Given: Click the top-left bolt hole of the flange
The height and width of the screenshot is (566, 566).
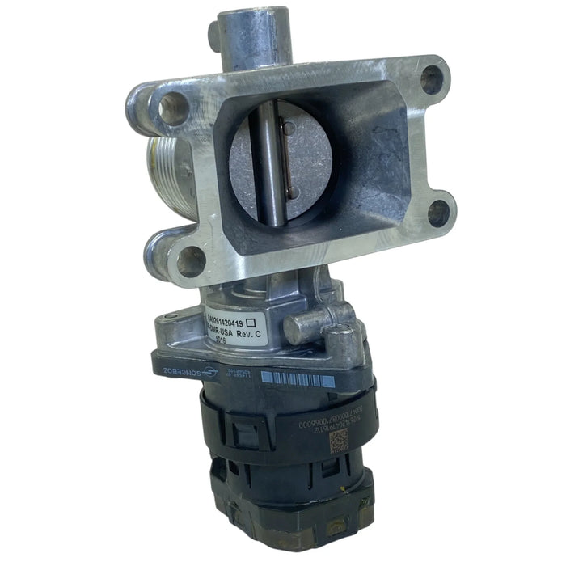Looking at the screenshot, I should click(172, 108).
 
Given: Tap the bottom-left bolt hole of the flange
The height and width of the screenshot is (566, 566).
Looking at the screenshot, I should click(191, 261).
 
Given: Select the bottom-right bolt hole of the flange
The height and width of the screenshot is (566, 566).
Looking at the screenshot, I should click(437, 212).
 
